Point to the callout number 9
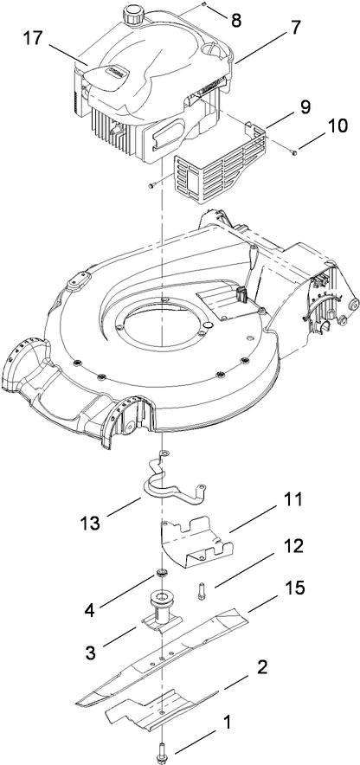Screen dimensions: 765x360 point(305,110)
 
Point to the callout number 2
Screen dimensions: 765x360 point(261,666)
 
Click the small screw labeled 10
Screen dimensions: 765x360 point(296,151)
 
